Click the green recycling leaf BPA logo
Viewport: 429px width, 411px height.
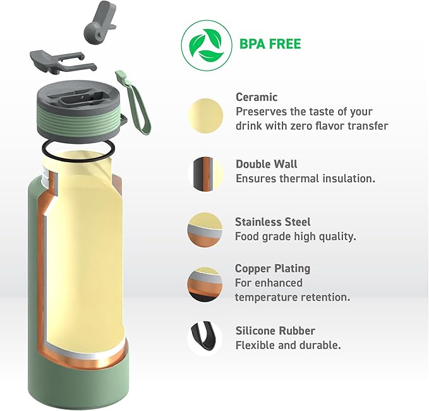point(205,45)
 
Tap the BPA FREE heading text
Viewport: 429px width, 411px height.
point(270,44)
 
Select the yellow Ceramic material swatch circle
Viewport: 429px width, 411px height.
point(205,116)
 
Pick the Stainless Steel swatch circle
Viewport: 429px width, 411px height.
point(205,230)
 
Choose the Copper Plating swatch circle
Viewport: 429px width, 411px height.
point(205,284)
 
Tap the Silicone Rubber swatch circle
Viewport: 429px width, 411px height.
point(205,339)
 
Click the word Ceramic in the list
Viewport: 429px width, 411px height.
point(257,97)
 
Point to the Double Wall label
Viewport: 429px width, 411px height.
point(266,165)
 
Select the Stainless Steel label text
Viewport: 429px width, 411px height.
point(272,222)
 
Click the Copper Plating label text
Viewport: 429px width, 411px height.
point(272,269)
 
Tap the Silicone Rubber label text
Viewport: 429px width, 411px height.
point(275,331)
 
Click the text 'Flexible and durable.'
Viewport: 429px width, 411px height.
point(288,345)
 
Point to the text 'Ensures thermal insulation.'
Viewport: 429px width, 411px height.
point(305,178)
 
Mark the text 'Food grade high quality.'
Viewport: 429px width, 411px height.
point(295,237)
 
